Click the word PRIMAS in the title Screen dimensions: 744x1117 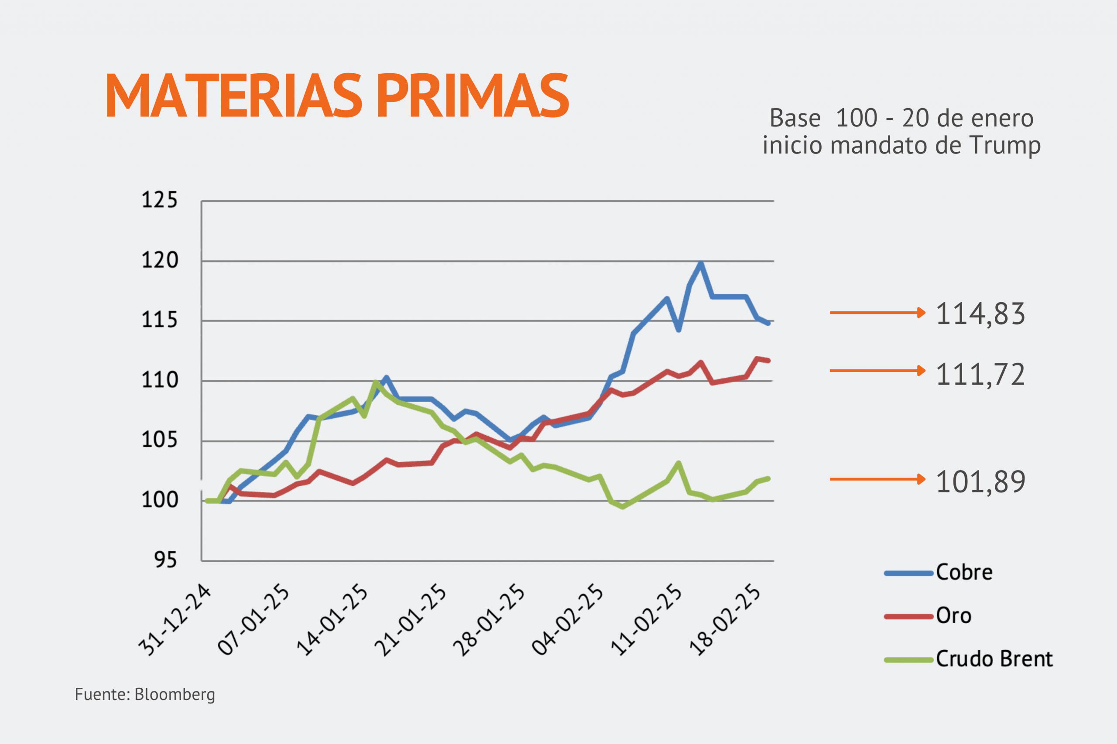473,96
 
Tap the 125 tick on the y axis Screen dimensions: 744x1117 160,200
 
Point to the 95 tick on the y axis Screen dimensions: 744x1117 165,560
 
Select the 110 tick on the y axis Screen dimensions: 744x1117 160,380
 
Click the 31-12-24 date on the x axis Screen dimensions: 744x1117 175,620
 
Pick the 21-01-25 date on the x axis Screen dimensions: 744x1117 411,620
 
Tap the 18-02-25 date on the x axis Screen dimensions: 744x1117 725,620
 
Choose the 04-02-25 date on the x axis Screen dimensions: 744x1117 568,620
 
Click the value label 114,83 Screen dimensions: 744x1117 980,314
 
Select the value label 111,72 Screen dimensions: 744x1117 980,374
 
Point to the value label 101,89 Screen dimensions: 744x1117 980,481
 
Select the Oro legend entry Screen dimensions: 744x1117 953,616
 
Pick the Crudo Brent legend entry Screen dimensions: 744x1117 994,659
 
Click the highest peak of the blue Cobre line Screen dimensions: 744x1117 701,263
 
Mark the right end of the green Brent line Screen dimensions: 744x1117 768,478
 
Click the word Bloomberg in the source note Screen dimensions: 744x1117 175,694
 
